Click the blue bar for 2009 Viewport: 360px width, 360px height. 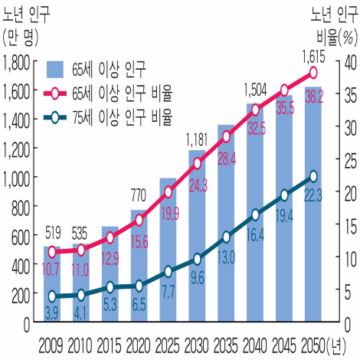coord(51,283)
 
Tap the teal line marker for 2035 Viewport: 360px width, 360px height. coord(227,237)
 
